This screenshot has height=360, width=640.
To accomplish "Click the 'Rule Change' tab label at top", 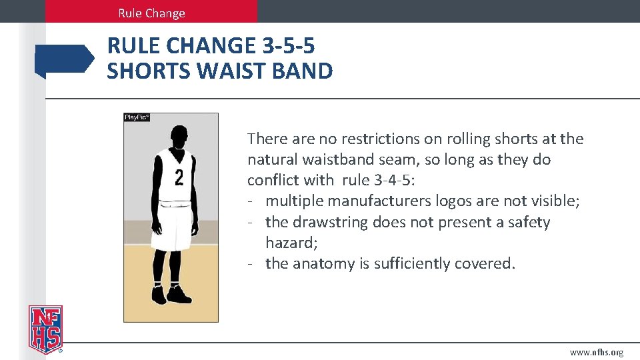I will [151, 13].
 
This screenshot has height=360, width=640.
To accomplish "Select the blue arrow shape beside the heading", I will [64, 60].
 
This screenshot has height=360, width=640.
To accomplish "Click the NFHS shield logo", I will [45, 329].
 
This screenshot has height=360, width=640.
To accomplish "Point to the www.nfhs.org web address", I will [597, 352].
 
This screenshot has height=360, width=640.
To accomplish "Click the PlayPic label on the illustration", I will [137, 117].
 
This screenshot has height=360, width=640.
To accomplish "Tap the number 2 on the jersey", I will [179, 177].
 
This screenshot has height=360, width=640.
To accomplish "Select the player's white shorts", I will [173, 227].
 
